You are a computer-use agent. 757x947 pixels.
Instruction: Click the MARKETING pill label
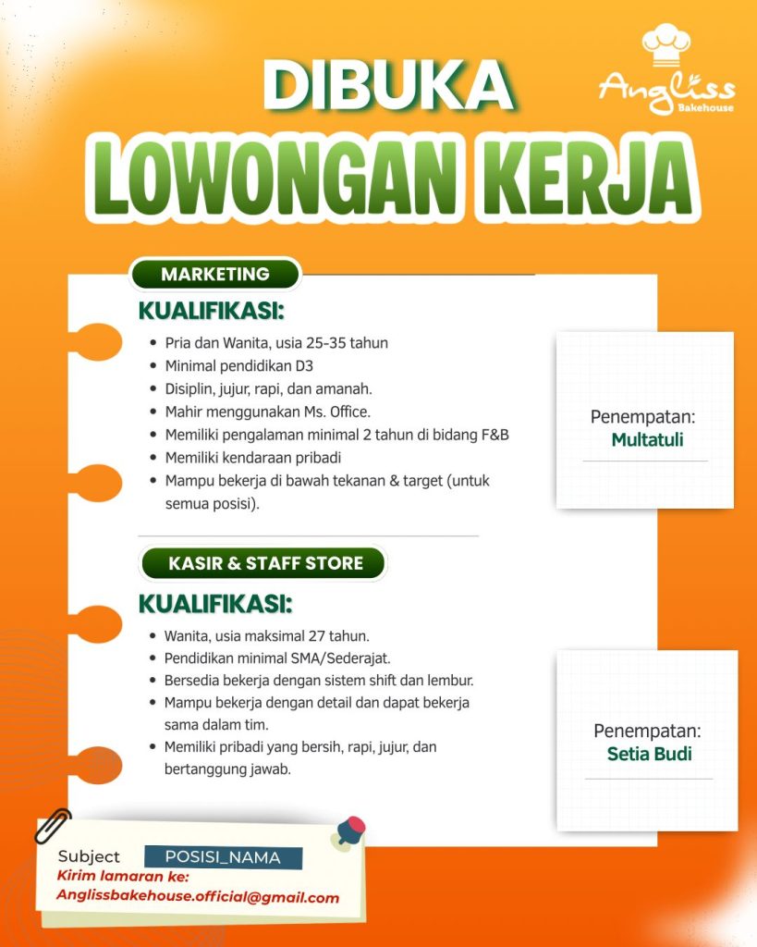point(215,274)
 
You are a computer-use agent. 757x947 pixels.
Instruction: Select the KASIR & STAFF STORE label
point(265,562)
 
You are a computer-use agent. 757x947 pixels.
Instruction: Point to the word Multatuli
point(647,439)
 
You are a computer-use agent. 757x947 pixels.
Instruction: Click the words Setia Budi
point(649,753)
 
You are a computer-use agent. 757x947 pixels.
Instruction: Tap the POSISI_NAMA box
point(223,857)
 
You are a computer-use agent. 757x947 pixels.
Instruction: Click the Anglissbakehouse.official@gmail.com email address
point(197,896)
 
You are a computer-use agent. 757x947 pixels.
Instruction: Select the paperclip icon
point(53,826)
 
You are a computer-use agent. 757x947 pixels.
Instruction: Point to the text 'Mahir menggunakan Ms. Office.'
point(267,412)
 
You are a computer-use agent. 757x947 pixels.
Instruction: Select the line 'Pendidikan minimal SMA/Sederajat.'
point(277,658)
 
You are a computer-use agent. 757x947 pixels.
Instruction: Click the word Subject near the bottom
point(89,856)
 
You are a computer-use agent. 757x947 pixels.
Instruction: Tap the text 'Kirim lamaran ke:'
point(123,877)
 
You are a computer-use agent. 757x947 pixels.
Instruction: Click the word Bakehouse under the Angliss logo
point(705,108)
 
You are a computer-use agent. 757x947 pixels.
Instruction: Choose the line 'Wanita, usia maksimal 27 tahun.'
point(267,635)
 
